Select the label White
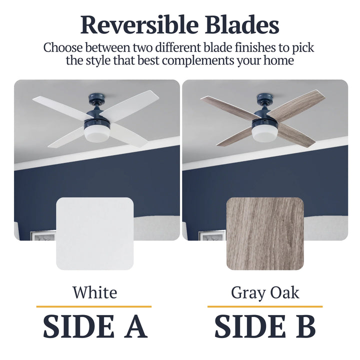94,292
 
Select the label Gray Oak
265,292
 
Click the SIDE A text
94,326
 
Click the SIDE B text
265,326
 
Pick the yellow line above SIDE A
94,306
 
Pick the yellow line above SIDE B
265,306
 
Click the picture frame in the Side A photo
43,235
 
